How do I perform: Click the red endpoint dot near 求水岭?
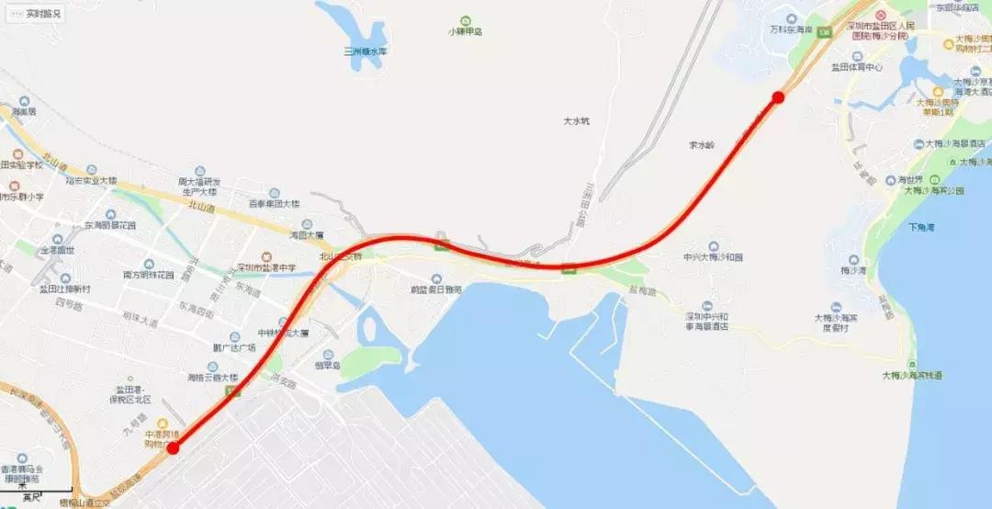click(778, 97)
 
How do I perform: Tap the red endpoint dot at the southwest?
click(173, 447)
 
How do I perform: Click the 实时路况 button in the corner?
click(37, 14)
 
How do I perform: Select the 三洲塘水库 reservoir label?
click(365, 51)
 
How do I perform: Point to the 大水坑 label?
click(577, 121)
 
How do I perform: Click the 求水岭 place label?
click(701, 145)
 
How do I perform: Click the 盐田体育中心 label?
click(856, 67)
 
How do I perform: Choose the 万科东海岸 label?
click(791, 29)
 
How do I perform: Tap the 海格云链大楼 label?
click(212, 377)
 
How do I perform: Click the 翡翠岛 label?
click(327, 366)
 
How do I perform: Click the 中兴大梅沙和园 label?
click(713, 258)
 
